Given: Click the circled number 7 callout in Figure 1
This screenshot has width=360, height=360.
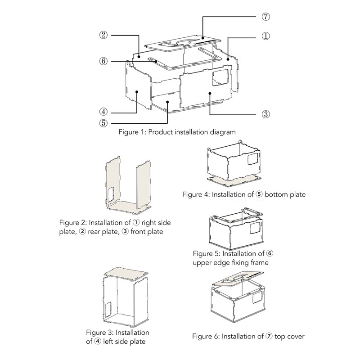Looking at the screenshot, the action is click(x=265, y=17).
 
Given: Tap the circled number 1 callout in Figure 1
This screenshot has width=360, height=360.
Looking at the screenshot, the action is click(x=265, y=36).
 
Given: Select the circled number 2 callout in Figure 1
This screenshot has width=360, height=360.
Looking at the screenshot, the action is click(x=103, y=35).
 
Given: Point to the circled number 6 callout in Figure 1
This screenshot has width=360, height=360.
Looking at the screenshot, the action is click(x=103, y=61).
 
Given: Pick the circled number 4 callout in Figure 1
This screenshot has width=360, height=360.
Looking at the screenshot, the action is click(x=103, y=112).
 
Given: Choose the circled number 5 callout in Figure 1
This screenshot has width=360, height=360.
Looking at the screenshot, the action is click(x=103, y=123).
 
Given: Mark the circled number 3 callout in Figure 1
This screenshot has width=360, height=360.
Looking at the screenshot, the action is click(x=265, y=114).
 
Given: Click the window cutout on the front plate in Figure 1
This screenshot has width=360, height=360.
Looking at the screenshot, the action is click(x=220, y=77).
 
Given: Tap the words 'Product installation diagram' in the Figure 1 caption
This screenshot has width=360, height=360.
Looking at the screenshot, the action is click(x=192, y=132).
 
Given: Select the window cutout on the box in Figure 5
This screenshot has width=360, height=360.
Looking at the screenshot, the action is click(x=255, y=228).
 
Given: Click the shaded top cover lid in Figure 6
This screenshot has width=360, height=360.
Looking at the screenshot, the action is click(x=238, y=278).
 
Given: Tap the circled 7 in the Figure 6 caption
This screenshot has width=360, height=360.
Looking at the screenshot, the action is click(x=269, y=336).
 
